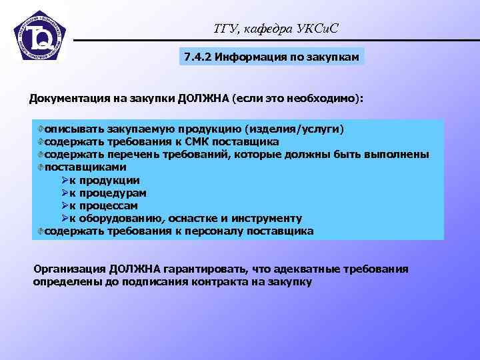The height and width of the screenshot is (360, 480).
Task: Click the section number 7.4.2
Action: point(197,57)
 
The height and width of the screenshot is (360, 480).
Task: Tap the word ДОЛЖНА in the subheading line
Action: point(203,99)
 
